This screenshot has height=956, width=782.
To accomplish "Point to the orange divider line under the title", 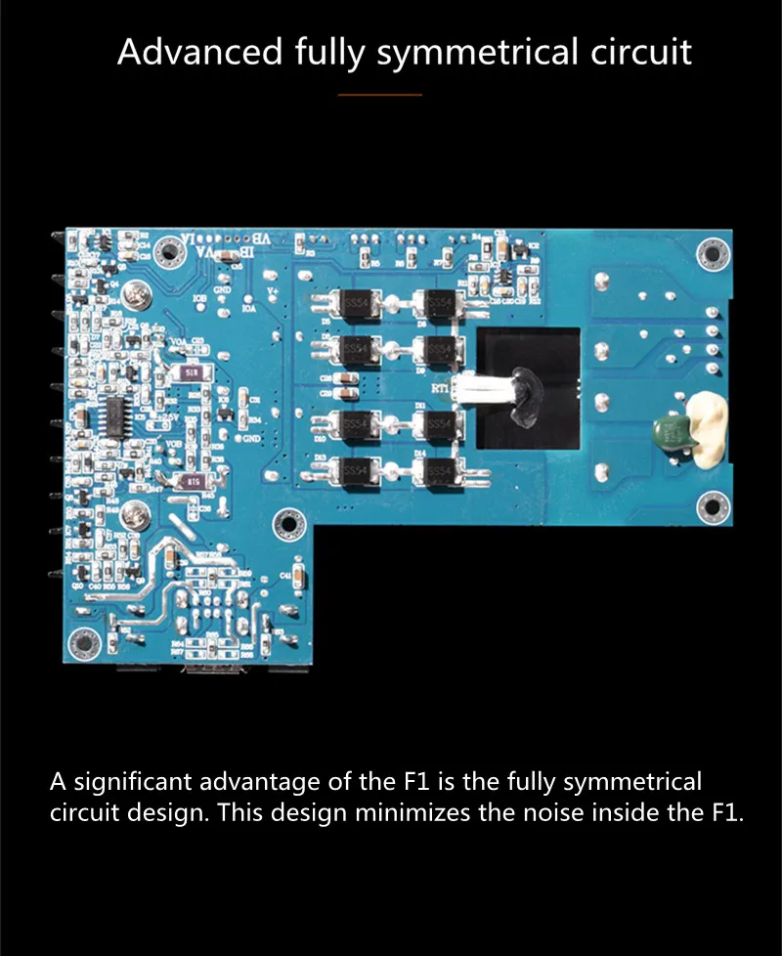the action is (379, 95).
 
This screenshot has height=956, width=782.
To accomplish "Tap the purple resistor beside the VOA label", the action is (192, 372).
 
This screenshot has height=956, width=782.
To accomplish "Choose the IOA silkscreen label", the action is (248, 307).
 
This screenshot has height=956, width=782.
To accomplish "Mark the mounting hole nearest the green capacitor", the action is (712, 505).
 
